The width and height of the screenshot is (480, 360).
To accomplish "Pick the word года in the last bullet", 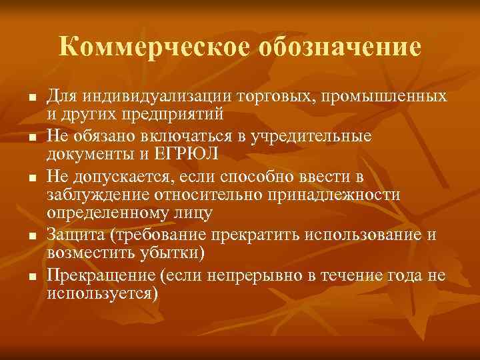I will point(403,275).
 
